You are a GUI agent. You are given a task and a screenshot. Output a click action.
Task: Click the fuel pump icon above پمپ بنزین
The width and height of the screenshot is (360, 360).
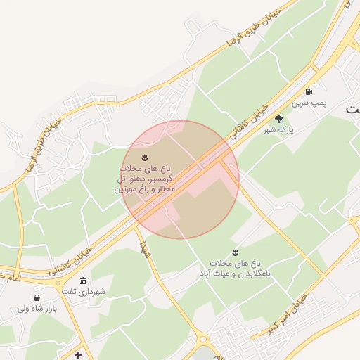[x=309, y=92]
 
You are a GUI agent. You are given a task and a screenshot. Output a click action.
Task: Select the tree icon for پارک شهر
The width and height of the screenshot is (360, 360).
[x=278, y=119]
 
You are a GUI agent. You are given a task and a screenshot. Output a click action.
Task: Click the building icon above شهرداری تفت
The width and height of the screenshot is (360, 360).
[x=84, y=281]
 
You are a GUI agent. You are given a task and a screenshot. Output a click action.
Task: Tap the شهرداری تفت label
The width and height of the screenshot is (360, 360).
[x=83, y=291]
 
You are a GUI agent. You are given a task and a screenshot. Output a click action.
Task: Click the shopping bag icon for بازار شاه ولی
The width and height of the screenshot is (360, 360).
[x=36, y=297]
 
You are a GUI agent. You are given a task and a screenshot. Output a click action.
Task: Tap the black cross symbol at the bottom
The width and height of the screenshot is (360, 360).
[x=78, y=355]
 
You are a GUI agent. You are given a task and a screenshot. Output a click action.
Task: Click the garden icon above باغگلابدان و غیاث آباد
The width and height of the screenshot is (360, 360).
[x=234, y=252]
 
